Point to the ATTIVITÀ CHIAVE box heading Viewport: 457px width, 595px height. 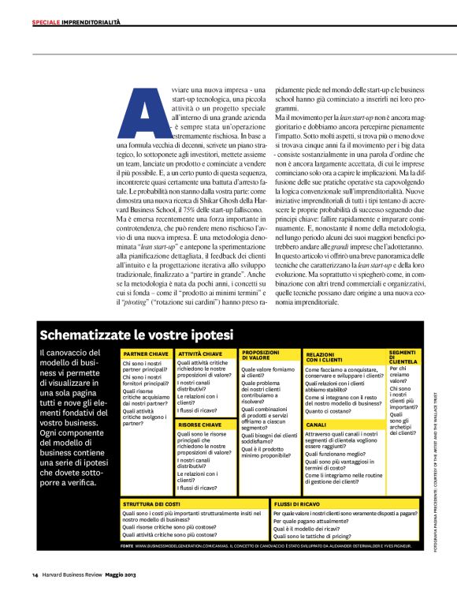(200, 354)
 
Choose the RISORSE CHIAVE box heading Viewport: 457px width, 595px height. (199, 425)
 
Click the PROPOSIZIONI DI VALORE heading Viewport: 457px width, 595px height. (261, 354)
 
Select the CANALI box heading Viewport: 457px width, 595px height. (316, 425)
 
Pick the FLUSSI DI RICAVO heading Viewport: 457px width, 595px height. (297, 503)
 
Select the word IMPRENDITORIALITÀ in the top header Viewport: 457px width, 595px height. (91, 22)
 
